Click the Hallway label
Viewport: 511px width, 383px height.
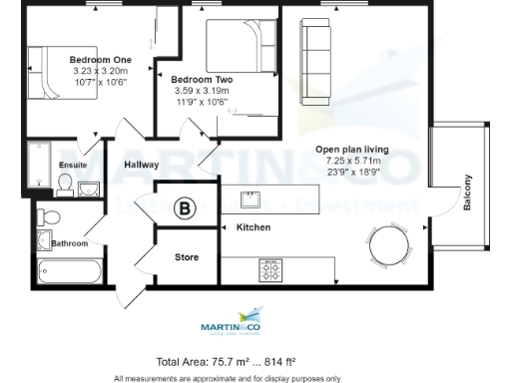143,165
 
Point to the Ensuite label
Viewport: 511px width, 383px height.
74,165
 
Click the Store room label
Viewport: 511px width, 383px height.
187,257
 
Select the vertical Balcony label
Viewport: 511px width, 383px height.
466,191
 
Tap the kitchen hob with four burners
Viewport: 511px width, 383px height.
269,267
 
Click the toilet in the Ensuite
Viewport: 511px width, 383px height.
65,184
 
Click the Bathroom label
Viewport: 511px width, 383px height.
70,243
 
